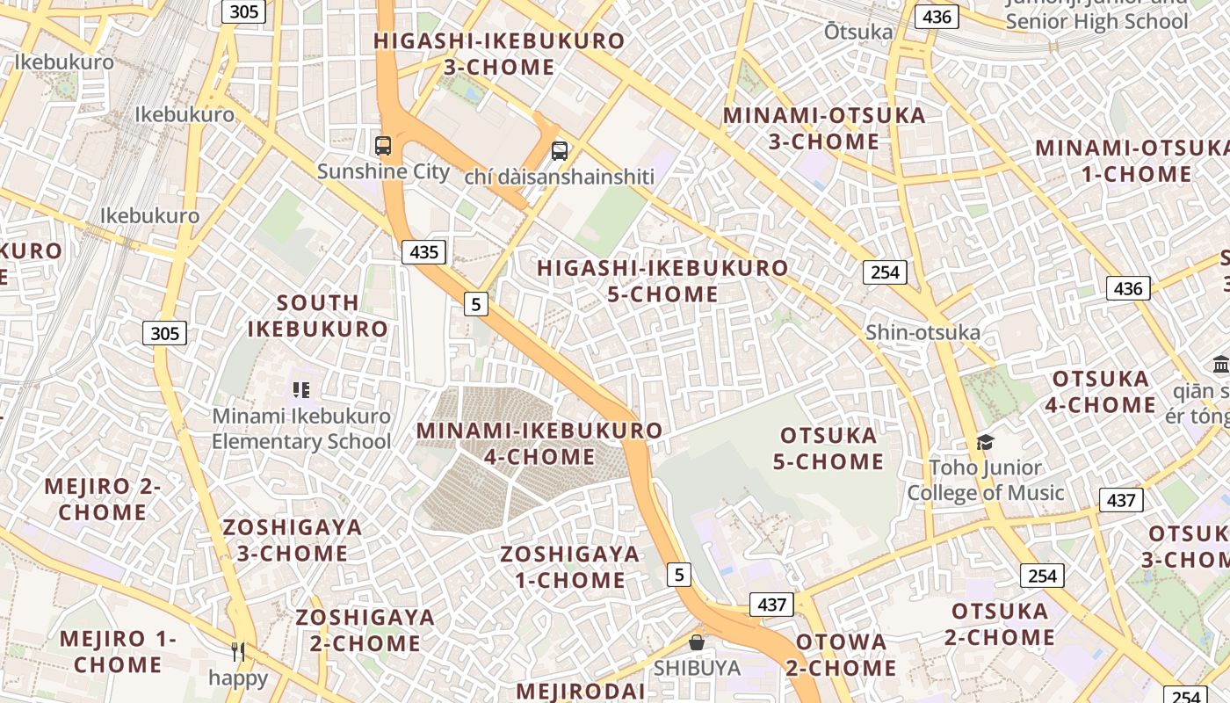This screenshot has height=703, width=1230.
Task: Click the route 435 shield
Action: [x=424, y=252]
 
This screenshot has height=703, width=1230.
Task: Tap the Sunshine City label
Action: [x=383, y=171]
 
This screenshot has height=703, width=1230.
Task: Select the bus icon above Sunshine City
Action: [x=383, y=146]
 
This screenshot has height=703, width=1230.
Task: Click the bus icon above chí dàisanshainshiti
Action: [x=560, y=151]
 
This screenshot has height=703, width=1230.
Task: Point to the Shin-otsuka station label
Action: [x=922, y=332]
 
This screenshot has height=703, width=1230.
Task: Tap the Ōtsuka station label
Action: [x=858, y=33]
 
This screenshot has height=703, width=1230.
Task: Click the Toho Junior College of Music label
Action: [x=985, y=481]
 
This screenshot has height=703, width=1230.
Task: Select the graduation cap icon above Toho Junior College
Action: [x=985, y=442]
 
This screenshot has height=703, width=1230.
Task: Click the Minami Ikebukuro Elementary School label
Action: [x=301, y=429]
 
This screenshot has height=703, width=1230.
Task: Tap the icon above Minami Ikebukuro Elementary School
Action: [x=301, y=389]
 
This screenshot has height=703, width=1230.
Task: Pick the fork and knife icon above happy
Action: [x=238, y=651]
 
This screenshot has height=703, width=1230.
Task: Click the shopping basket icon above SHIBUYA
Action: [x=697, y=643]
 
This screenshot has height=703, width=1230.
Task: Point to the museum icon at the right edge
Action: [x=1220, y=364]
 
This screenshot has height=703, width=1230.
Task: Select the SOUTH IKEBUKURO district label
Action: [x=317, y=315]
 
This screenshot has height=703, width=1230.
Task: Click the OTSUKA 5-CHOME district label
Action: [x=828, y=448]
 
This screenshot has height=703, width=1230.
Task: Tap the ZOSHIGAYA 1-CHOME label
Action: [x=569, y=567]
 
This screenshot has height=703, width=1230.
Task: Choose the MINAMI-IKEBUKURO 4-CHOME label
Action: [x=539, y=444]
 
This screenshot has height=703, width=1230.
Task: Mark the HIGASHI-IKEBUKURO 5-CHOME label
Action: [x=662, y=280]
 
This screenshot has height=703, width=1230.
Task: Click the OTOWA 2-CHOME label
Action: [x=841, y=655]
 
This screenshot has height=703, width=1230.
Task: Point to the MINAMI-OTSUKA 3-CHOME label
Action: [x=824, y=128]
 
